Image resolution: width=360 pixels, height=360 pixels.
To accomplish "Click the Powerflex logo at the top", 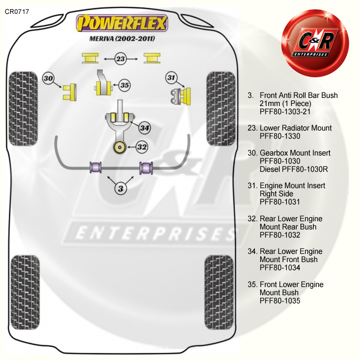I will tap(122, 23).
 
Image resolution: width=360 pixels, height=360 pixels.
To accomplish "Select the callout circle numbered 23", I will tap(120, 59).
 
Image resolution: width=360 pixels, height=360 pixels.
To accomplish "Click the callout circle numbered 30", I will tap(48, 78).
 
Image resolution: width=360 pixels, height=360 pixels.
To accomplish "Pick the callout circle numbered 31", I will tap(171, 77).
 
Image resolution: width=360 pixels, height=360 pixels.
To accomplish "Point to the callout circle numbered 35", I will tap(124, 85).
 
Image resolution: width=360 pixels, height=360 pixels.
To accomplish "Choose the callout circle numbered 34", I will tap(145, 128).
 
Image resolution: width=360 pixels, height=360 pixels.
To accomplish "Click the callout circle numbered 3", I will tap(120, 188).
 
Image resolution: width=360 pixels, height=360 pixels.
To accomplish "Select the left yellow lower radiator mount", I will tap(90, 58).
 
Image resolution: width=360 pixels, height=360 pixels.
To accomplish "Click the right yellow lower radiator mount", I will tap(153, 58).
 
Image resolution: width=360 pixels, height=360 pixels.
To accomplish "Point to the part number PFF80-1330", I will tap(279, 136).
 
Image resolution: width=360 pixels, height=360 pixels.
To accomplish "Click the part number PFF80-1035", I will tap(279, 300).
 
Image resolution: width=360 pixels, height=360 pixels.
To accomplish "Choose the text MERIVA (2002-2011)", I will tap(122, 38).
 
